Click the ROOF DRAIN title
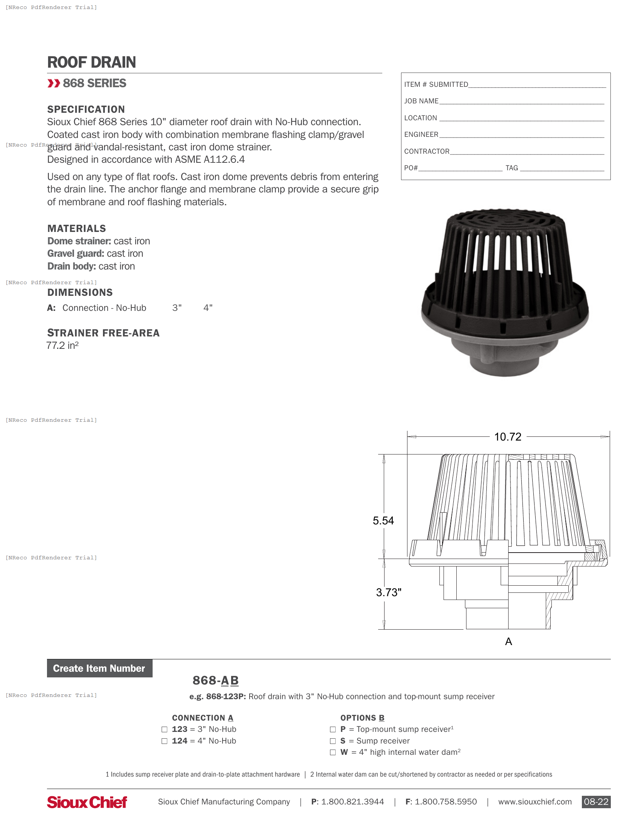(91, 62)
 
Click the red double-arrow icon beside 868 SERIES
(54, 83)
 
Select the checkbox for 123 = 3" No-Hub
(164, 729)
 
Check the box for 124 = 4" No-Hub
(164, 741)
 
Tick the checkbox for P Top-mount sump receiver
(333, 729)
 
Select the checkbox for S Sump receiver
(333, 741)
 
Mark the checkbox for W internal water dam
(333, 753)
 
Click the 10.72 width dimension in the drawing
(507, 437)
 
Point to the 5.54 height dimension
(383, 521)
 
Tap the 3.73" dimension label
(388, 592)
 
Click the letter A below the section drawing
(509, 641)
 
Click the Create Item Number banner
(100, 668)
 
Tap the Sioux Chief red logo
(87, 802)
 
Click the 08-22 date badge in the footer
(596, 802)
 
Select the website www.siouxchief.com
(535, 802)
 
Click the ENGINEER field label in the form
(421, 135)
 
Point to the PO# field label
(411, 168)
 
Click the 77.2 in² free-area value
(62, 345)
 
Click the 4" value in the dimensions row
(208, 308)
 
